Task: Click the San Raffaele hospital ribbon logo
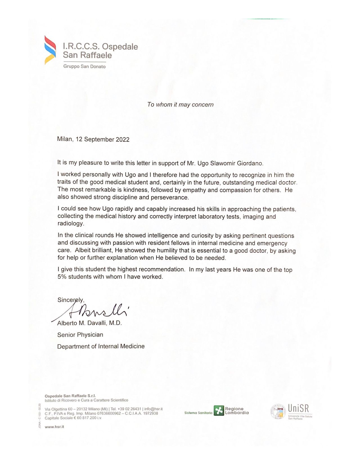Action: (x=50, y=50)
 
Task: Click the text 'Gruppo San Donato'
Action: (x=84, y=67)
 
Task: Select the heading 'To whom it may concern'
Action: (x=180, y=105)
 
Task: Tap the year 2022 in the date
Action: (x=122, y=140)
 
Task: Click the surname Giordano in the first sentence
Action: (x=250, y=163)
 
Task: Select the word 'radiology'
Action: (x=70, y=223)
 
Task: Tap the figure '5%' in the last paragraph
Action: (x=62, y=277)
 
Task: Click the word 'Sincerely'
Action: (x=70, y=300)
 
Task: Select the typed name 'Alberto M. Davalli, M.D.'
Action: (x=89, y=323)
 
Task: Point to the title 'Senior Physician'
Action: (x=80, y=335)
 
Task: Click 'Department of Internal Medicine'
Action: (x=101, y=346)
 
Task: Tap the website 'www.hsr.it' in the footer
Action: (x=54, y=427)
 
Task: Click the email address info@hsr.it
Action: (x=153, y=409)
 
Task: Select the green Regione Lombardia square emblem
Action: (x=219, y=411)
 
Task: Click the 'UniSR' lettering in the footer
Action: (x=298, y=409)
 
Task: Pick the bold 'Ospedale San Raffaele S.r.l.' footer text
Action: (x=70, y=396)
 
